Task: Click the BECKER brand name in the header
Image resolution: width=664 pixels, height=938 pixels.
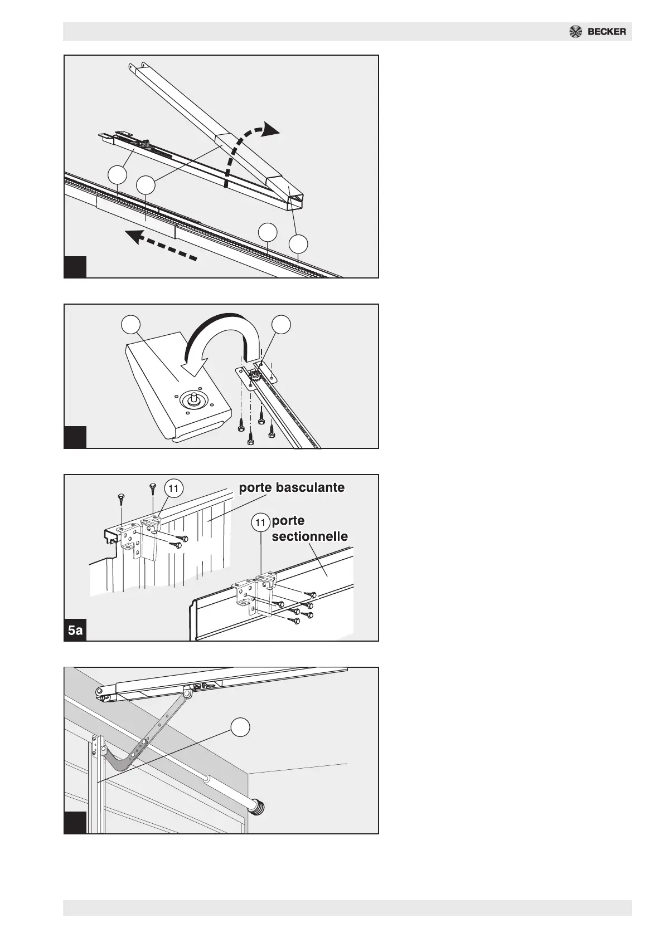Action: click(607, 32)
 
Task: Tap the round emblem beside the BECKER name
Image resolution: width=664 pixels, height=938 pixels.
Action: click(575, 32)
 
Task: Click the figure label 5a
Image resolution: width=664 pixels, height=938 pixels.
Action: click(75, 631)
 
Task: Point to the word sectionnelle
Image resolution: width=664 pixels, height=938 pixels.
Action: click(309, 537)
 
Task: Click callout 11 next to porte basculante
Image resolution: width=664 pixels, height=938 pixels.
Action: click(173, 488)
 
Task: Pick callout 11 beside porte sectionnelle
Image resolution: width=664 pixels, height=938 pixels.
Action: click(260, 522)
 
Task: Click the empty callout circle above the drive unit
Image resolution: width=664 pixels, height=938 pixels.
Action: click(131, 325)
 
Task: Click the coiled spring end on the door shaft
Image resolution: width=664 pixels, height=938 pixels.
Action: click(259, 805)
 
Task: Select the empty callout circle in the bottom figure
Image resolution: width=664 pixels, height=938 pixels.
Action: click(240, 726)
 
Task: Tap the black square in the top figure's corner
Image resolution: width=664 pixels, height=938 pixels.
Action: click(75, 266)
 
